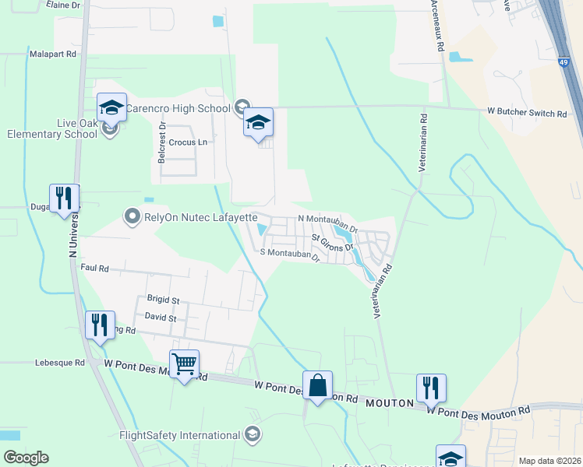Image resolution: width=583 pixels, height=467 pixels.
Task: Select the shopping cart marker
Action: pyautogui.click(x=184, y=364)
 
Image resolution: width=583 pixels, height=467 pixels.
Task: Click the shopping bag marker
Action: pyautogui.click(x=317, y=385)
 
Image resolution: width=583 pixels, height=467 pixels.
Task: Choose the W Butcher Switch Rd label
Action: pyautogui.click(x=527, y=114)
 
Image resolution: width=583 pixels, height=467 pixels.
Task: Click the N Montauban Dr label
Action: pyautogui.click(x=327, y=220)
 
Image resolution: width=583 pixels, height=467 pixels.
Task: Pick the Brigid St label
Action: pyautogui.click(x=163, y=300)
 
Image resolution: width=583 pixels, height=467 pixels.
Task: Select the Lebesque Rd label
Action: pyautogui.click(x=59, y=363)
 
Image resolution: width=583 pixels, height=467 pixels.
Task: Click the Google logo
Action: pyautogui.click(x=25, y=458)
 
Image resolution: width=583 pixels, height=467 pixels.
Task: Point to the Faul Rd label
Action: pyautogui.click(x=94, y=267)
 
